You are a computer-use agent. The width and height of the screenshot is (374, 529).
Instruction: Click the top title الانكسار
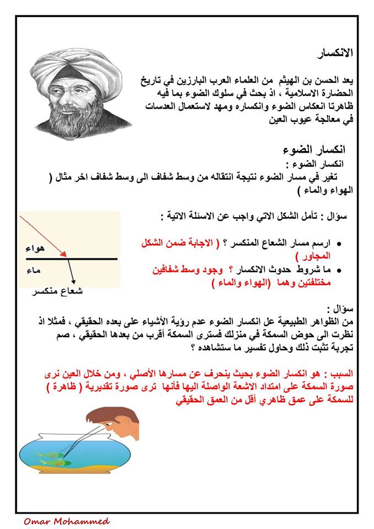[335, 53]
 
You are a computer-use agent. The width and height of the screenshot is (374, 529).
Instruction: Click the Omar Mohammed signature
[67, 521]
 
